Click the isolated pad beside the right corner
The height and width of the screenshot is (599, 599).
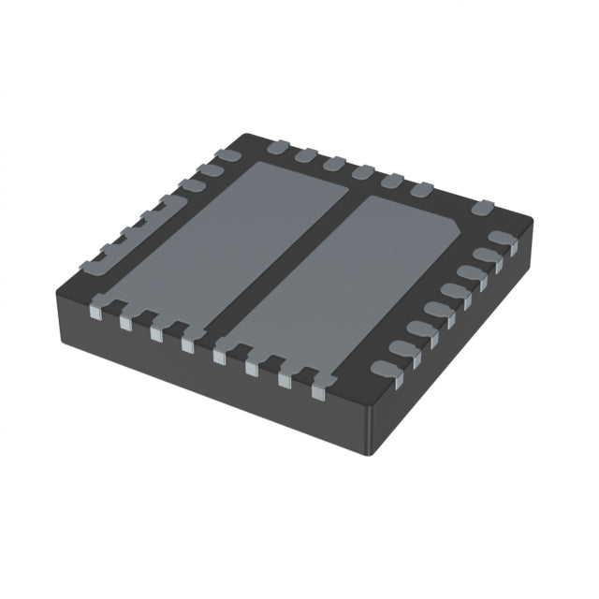482,207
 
